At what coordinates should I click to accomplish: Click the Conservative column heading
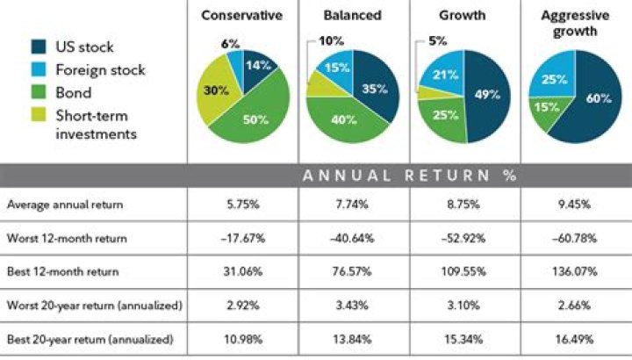[x=241, y=15]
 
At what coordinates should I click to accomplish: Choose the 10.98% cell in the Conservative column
[x=240, y=339]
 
